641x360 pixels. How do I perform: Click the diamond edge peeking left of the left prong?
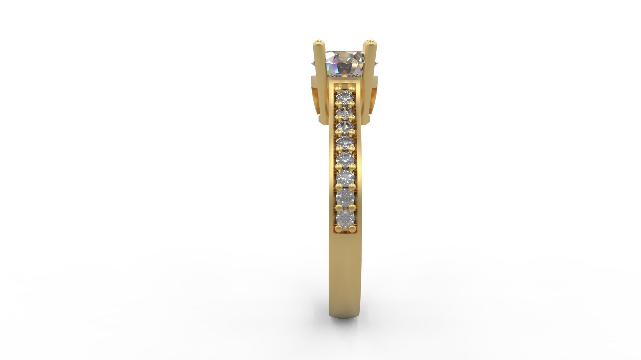313,63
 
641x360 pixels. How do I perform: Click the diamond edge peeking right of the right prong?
376,63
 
